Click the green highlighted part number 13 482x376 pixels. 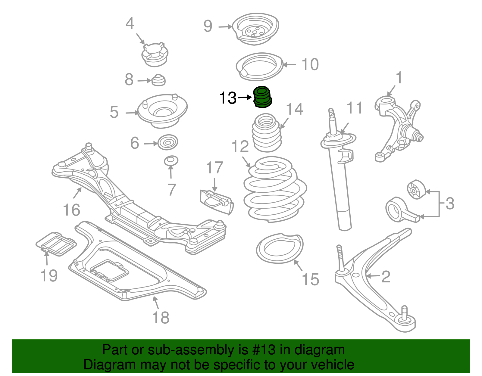pos(263,97)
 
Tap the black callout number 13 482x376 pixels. pos(228,98)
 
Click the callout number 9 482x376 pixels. pos(208,26)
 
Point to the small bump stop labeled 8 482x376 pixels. pos(158,80)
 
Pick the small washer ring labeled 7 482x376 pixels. pos(171,161)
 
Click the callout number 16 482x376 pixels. pos(71,210)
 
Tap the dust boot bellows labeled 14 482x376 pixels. pos(267,133)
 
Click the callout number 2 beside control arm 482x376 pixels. pos(386,276)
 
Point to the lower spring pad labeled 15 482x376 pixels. pos(280,248)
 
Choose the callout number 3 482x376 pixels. pos(449,204)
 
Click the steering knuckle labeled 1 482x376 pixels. pos(398,126)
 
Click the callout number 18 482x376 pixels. pos(161,318)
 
